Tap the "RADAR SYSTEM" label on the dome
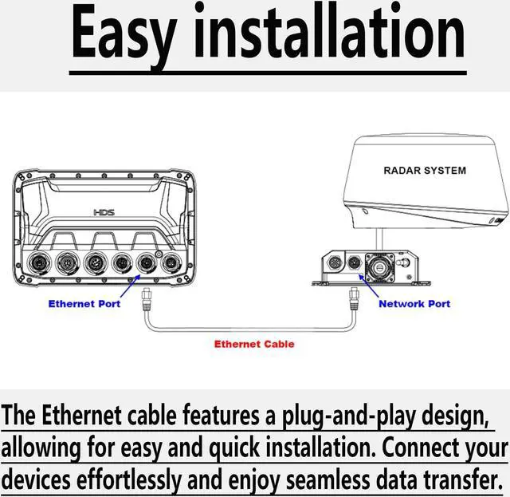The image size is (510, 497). pyautogui.click(x=424, y=170)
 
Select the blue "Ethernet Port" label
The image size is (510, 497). pyautogui.click(x=83, y=304)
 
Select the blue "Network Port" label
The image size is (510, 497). pyautogui.click(x=414, y=304)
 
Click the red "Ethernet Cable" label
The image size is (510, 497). pyautogui.click(x=254, y=344)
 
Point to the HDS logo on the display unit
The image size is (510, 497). pyautogui.click(x=104, y=213)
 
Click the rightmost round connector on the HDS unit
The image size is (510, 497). pyautogui.click(x=170, y=262)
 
